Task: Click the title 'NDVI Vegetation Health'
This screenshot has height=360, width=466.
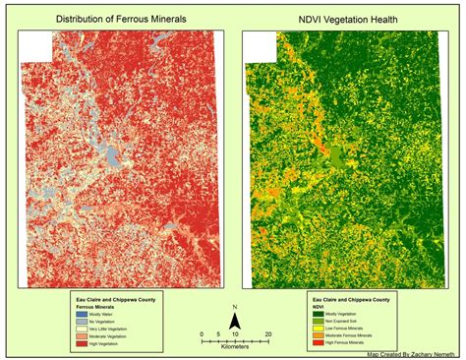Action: click(350, 18)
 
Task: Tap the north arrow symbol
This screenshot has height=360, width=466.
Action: click(233, 320)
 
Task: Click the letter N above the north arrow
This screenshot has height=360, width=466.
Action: click(233, 307)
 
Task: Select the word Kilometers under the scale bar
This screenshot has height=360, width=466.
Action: click(233, 346)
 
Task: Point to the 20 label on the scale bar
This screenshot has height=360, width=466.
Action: click(267, 333)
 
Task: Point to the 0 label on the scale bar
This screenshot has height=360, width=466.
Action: click(201, 333)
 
